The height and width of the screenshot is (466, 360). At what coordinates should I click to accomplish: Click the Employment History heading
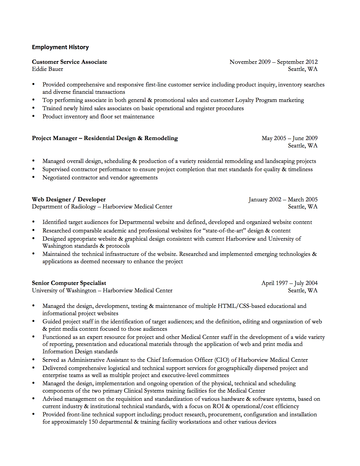pos(60,47)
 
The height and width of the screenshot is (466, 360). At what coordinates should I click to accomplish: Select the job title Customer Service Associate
pos(69,62)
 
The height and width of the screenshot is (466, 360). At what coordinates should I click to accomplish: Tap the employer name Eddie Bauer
pos(47,69)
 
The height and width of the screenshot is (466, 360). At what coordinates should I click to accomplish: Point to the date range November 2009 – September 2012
pos(273,62)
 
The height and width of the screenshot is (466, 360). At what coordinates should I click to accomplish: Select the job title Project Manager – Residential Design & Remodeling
pos(105,138)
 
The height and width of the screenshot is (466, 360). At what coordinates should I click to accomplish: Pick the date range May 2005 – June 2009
pos(289,138)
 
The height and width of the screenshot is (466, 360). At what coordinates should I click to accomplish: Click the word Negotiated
pos(56,178)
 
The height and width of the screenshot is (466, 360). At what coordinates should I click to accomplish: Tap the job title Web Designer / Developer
pos(69,199)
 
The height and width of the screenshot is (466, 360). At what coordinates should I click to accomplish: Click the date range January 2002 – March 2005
pos(283,199)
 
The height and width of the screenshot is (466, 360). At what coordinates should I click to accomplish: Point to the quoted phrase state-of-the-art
pos(224,231)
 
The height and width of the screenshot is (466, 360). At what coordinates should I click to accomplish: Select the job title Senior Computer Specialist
pos(69,283)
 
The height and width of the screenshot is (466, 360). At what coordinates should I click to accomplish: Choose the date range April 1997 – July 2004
pos(289,283)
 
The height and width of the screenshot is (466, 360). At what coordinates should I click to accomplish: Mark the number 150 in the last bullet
pos(93,422)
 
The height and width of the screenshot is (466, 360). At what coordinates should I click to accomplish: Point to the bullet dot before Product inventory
pos(34,116)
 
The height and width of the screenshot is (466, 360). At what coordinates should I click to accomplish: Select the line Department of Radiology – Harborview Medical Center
pos(102,207)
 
